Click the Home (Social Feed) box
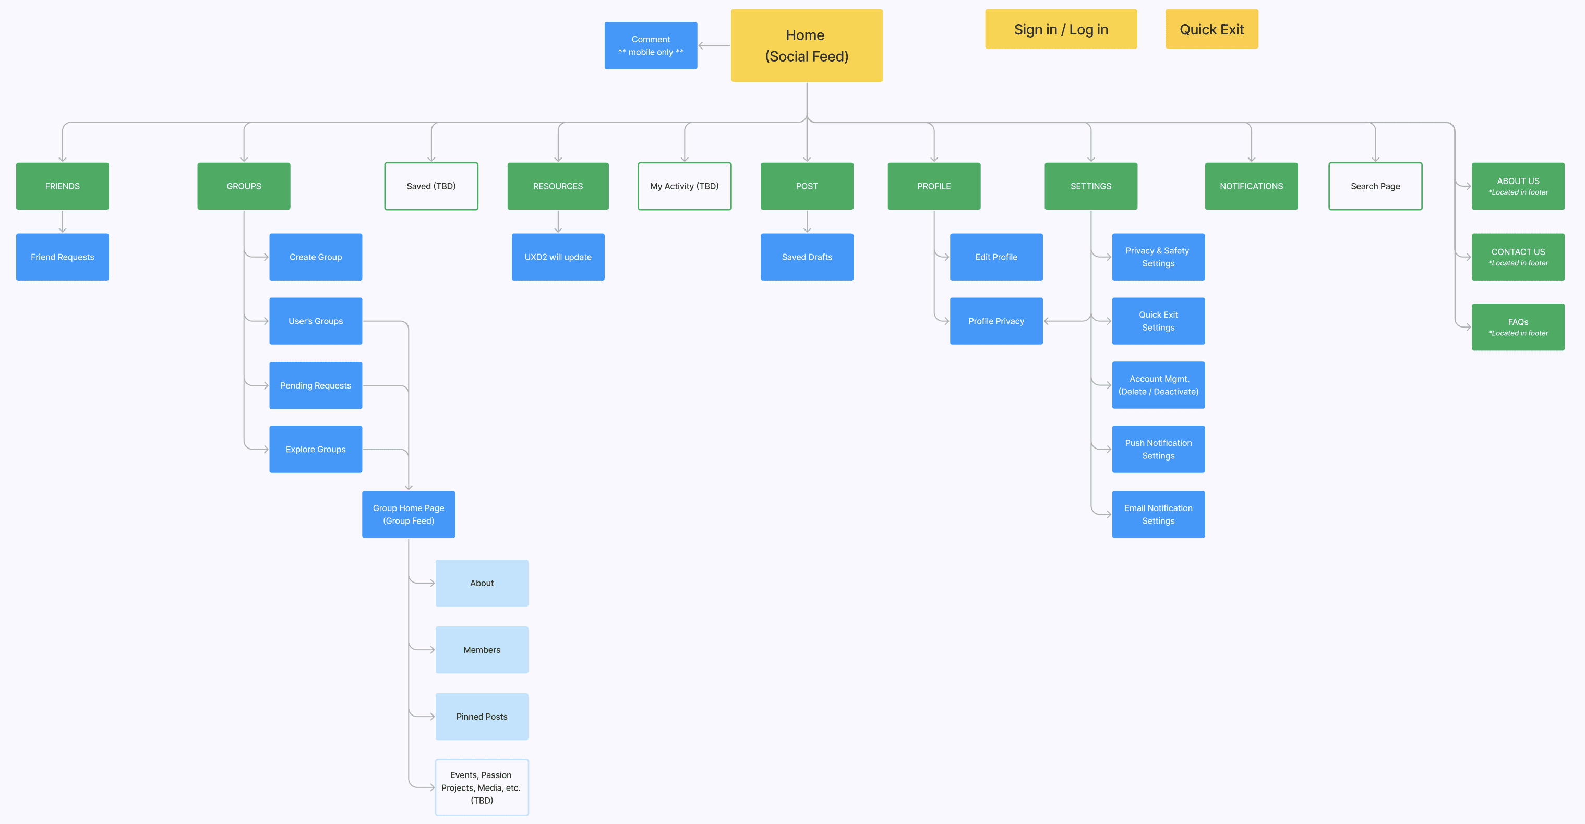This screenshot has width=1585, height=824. [x=806, y=45]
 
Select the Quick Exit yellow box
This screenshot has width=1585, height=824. [x=1211, y=29]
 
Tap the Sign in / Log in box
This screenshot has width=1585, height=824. [x=1060, y=29]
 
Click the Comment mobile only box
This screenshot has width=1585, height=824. [x=651, y=45]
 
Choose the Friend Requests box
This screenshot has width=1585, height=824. [x=62, y=257]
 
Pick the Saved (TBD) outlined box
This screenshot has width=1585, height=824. [x=431, y=186]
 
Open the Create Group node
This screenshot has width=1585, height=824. [x=315, y=257]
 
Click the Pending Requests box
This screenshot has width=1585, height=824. [x=315, y=385]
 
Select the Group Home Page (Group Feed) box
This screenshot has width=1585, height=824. [x=408, y=514]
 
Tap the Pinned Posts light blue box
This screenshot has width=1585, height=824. [x=481, y=717]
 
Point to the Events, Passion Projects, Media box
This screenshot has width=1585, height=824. [x=481, y=787]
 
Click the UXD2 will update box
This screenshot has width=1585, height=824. [x=557, y=257]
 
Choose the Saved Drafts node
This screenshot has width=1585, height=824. [x=806, y=257]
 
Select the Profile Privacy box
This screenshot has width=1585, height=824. [x=995, y=321]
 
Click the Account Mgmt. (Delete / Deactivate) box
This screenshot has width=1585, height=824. [x=1158, y=385]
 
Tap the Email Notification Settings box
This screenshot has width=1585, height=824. [x=1158, y=514]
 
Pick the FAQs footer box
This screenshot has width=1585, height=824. [x=1517, y=326]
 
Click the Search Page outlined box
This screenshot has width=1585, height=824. [x=1375, y=186]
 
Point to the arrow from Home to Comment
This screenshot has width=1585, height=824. [x=714, y=45]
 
